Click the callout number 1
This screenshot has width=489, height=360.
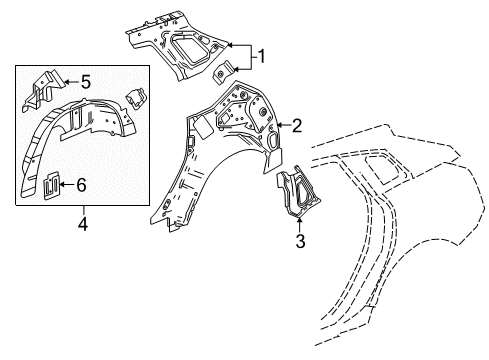click(x=263, y=56)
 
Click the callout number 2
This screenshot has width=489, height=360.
click(x=296, y=125)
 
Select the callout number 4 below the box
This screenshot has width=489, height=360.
click(x=83, y=224)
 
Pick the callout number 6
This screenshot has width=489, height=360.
click(x=81, y=183)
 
